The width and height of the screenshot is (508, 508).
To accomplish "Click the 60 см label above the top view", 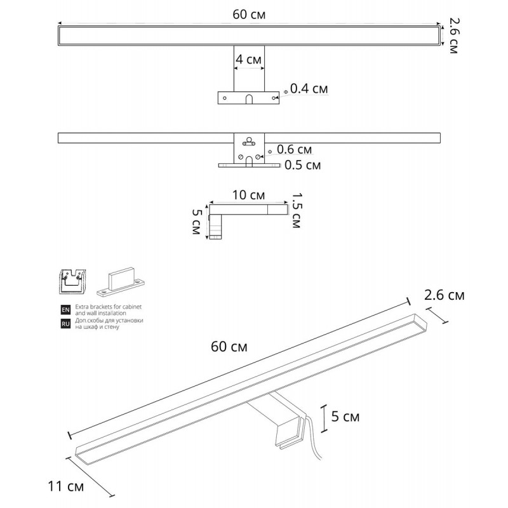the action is pos(249,15).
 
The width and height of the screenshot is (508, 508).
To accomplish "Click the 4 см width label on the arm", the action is pos(248,60).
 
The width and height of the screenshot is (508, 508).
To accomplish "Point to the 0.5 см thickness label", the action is pos(303,165).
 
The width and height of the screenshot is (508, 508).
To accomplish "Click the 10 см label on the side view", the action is pos(248,195).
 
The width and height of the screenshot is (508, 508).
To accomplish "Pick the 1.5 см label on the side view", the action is pos(297,211).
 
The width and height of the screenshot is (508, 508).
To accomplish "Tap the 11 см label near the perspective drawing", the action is pos(66,486).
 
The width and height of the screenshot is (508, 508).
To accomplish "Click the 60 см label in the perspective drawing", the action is pos(229,347).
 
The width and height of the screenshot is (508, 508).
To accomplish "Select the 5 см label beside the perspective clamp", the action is pos(345,417).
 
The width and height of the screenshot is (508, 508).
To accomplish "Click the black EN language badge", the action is pos(65,310).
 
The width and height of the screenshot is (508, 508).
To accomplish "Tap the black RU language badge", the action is pos(65,324).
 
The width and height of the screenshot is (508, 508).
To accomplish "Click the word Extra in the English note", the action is pos(82,307).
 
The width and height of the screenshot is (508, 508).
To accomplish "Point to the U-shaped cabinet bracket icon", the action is pos(74,281).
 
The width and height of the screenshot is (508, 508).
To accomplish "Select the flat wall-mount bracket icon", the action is pos(121,282).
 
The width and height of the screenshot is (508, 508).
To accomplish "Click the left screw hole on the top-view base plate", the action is pos(225,98).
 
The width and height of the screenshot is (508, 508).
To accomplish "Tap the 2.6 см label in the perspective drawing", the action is pos(444,295).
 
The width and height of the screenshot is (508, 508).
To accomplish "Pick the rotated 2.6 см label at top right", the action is pos(454,36).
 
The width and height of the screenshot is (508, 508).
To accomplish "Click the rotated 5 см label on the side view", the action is pos(197,222).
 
